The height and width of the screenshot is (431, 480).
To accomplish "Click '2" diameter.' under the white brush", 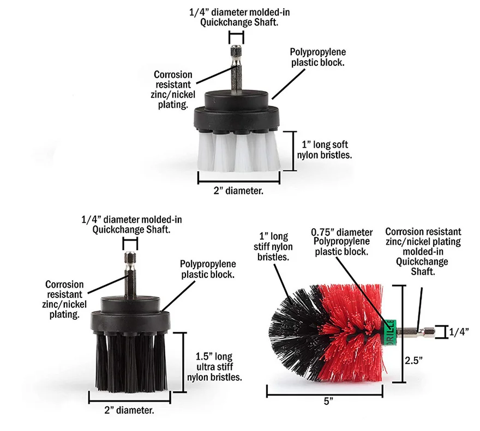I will (238, 190).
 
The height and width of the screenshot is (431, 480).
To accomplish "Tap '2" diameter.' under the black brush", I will (128, 410).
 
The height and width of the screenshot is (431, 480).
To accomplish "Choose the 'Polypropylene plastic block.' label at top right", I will (317, 57).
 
